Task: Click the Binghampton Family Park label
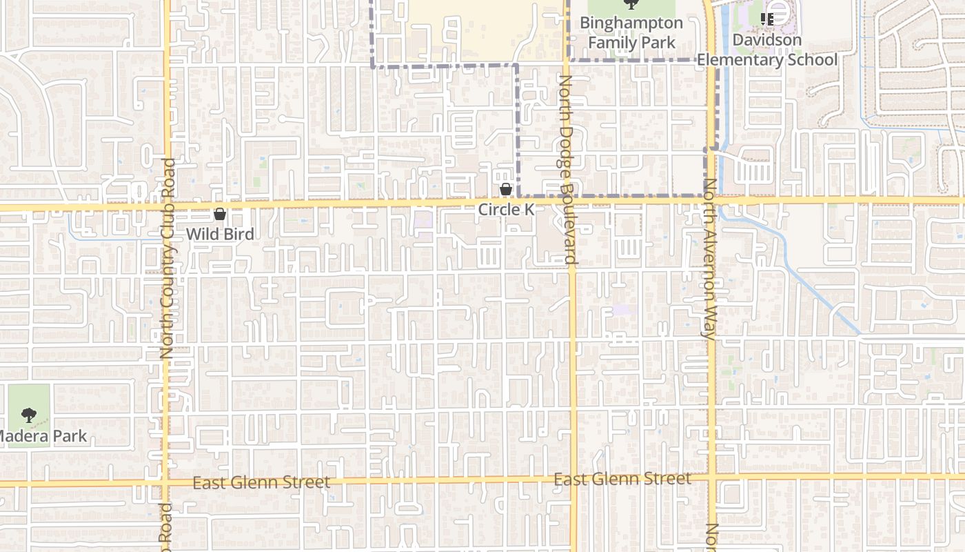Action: [x=631, y=32]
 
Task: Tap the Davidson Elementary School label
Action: [x=767, y=50]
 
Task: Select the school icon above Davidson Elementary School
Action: [x=767, y=19]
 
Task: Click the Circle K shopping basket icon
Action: [x=506, y=188]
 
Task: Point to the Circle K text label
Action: [x=507, y=209]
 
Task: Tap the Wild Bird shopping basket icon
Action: [x=220, y=214]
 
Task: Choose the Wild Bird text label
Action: [x=220, y=234]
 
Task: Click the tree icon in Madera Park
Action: [x=28, y=415]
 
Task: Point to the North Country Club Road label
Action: [x=168, y=259]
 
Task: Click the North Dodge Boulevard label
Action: [x=567, y=170]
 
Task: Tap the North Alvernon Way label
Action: [x=709, y=259]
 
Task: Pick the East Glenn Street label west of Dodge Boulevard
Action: [x=261, y=482]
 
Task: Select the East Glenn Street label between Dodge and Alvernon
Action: [x=622, y=479]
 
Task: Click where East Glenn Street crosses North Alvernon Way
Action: [x=711, y=477]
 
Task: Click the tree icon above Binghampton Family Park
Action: [x=631, y=4]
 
